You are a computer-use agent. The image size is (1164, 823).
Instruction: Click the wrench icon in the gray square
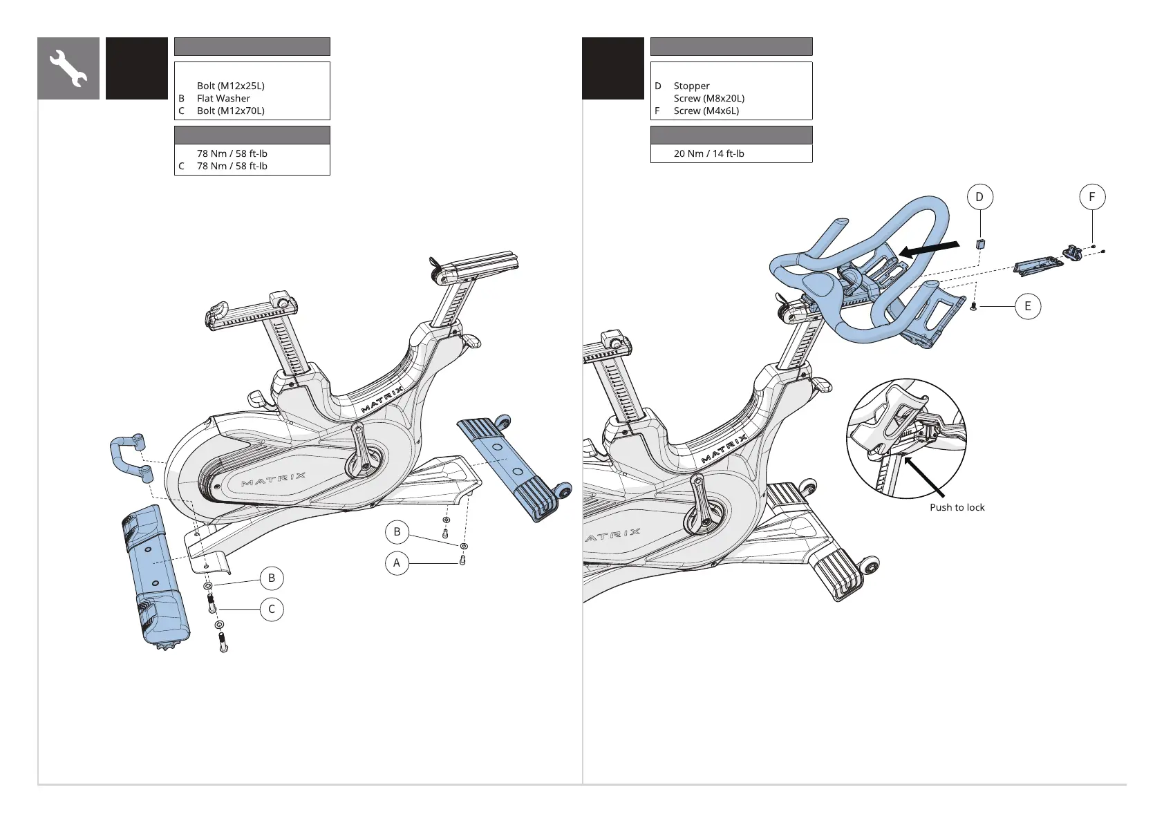[x=68, y=68]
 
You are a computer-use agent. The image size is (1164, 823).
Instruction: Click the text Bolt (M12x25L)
[x=230, y=86]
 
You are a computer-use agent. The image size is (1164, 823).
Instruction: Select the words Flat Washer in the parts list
[x=223, y=98]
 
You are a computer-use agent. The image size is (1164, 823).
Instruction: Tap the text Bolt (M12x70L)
[x=230, y=111]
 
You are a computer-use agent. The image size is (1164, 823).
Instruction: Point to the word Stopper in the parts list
[x=691, y=86]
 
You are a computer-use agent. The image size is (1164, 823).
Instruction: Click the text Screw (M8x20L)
[x=708, y=98]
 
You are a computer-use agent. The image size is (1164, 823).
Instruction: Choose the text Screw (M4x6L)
[x=706, y=111]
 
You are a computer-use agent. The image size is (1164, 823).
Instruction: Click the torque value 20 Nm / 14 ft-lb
[x=708, y=153]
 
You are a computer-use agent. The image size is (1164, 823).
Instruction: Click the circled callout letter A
[x=397, y=563]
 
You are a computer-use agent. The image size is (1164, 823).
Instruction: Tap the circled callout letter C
[x=272, y=609]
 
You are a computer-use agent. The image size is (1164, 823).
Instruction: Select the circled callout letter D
[x=979, y=197]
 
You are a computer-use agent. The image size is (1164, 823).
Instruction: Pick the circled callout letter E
[x=1028, y=306]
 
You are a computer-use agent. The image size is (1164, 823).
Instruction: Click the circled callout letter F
[x=1092, y=197]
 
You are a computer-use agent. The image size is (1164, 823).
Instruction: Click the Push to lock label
[x=957, y=507]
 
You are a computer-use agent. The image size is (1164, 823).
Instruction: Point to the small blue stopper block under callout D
[x=979, y=243]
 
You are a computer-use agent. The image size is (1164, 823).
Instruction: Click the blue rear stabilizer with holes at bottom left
[x=156, y=577]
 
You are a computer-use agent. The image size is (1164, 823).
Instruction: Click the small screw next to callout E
[x=974, y=305]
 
